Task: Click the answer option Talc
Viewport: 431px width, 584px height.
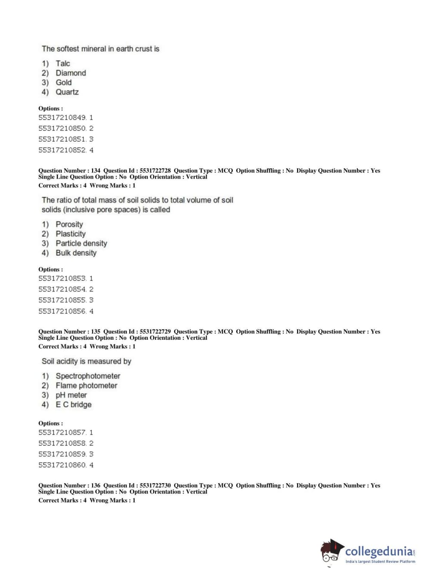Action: pos(62,63)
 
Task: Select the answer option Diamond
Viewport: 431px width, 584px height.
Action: pos(71,73)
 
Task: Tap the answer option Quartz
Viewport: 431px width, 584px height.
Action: pos(67,92)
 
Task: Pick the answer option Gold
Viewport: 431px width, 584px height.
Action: pos(64,82)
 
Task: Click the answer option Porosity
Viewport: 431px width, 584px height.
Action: pos(69,224)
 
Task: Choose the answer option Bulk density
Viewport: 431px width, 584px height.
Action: pos(76,253)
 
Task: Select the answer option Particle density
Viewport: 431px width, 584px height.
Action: pos(81,243)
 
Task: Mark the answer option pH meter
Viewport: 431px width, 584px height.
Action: pos(71,395)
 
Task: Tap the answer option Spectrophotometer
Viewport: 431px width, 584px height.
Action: pos(88,376)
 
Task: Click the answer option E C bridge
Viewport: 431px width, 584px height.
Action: pos(73,404)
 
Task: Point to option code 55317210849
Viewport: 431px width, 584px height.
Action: pos(62,118)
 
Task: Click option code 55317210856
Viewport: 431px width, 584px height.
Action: pos(62,311)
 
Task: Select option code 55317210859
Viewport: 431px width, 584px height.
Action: pos(62,454)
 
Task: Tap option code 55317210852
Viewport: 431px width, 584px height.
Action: pos(62,150)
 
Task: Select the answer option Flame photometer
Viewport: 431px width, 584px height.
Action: pos(86,385)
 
